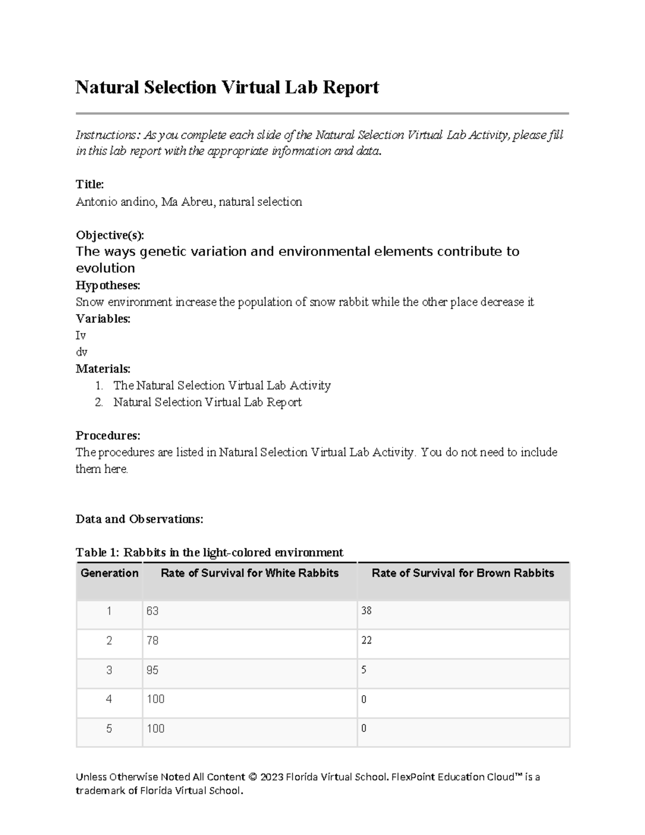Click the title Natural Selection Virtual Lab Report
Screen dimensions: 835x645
[x=227, y=87]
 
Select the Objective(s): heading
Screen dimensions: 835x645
[x=110, y=235]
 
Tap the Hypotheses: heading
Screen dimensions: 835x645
[x=107, y=285]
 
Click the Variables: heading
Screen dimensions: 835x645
[x=103, y=318]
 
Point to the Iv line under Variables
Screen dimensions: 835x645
[x=81, y=336]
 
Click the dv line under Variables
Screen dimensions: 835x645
[x=81, y=352]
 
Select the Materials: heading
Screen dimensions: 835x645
[x=103, y=369]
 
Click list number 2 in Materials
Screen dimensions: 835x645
[x=98, y=402]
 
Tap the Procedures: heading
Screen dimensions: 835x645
[x=107, y=435]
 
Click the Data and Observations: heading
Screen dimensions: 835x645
[x=139, y=519]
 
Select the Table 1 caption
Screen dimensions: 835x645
[x=209, y=552]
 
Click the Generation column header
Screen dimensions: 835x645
[x=109, y=573]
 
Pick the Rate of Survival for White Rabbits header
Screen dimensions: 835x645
[x=249, y=573]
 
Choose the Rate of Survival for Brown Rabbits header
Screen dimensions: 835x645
[x=463, y=573]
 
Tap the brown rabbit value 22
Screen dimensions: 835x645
[x=367, y=640]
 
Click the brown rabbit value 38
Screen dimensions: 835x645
[x=367, y=611]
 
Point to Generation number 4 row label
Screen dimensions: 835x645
[x=109, y=700]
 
